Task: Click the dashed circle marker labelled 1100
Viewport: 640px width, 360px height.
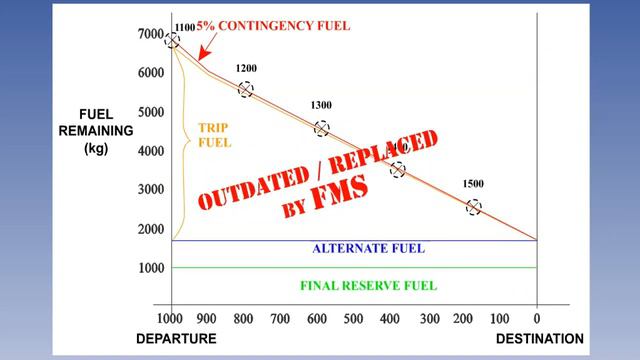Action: click(172, 41)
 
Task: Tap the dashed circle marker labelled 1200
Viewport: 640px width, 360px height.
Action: click(245, 90)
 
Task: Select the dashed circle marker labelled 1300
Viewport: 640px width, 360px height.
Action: click(321, 128)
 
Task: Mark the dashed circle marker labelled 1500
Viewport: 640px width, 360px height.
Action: click(474, 207)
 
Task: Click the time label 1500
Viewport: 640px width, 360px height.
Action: click(475, 184)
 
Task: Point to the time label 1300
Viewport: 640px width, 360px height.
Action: click(322, 105)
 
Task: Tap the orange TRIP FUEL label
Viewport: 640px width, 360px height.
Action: click(214, 135)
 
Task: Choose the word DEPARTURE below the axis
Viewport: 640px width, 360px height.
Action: click(176, 339)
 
